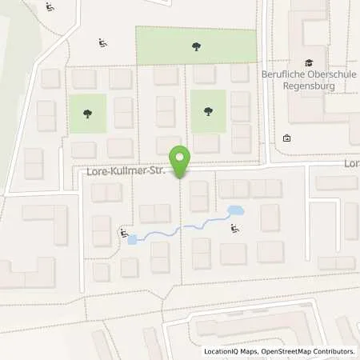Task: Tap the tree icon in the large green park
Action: [x=197, y=46]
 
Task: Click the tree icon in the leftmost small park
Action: [x=86, y=113]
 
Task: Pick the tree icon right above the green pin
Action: [x=209, y=112]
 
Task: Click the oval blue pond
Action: [x=235, y=211]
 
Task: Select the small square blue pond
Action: [x=133, y=238]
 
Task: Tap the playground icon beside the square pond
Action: [x=122, y=233]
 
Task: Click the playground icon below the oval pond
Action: [x=234, y=230]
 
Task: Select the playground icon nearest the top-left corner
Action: [x=50, y=8]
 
